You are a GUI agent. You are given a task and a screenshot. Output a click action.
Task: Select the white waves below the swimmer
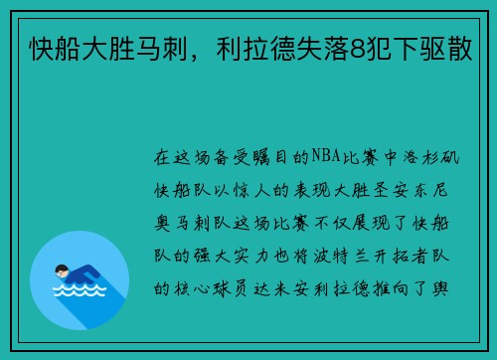click(x=80, y=290)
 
